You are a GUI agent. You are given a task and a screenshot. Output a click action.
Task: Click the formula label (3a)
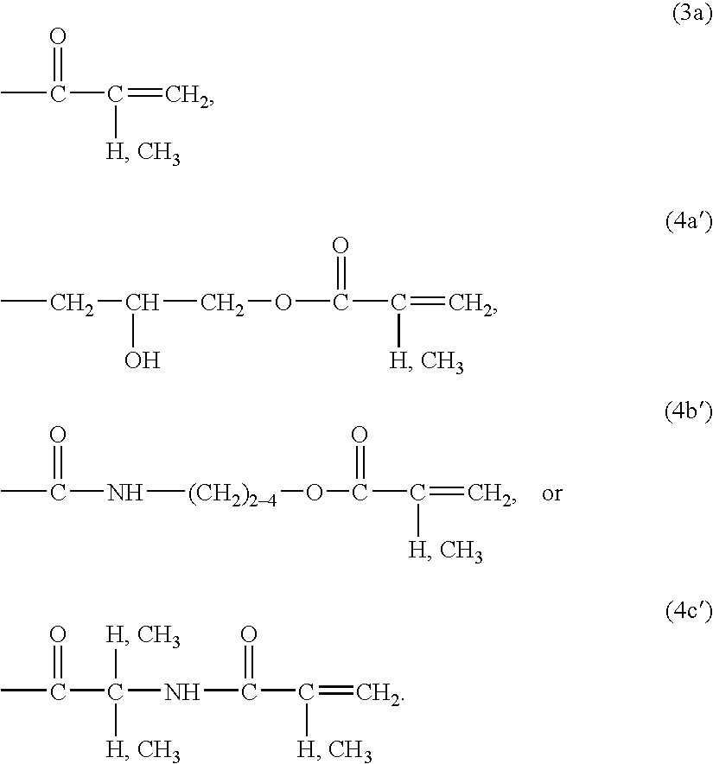coord(691,14)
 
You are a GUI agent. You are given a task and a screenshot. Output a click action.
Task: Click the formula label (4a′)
coord(688,222)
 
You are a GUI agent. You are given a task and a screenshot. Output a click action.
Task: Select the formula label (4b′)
coord(688,411)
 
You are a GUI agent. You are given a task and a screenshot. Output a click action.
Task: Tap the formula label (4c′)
coord(689,610)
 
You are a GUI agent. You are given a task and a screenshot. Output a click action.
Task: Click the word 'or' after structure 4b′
coord(551,494)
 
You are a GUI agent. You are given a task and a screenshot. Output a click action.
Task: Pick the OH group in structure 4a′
coord(142,360)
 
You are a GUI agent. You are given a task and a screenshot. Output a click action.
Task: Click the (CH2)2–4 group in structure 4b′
coord(232,494)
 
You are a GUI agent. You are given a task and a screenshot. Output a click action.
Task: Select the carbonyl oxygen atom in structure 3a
coord(58,36)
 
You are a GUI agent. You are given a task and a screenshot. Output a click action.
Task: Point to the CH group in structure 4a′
coord(142,302)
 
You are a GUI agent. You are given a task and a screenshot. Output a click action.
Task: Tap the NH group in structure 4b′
coord(124,493)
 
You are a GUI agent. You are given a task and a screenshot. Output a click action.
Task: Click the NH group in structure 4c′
coord(181,691)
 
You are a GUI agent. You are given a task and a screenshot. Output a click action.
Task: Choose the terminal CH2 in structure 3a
coord(187,95)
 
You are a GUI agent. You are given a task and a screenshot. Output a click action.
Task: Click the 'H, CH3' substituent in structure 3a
coord(143,154)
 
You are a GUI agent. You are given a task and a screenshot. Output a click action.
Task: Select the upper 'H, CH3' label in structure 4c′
coord(143,636)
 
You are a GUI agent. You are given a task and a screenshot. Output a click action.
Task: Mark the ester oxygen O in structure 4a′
coord(283,302)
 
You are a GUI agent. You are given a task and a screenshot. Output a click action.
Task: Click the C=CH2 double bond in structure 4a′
coord(428,302)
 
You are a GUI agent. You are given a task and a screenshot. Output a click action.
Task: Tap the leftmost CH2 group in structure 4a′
coord(72,304)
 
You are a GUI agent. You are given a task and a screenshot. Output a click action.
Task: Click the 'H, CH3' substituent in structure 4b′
coord(445,552)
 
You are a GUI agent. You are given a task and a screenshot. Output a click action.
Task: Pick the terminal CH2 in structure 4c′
coord(378,693)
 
